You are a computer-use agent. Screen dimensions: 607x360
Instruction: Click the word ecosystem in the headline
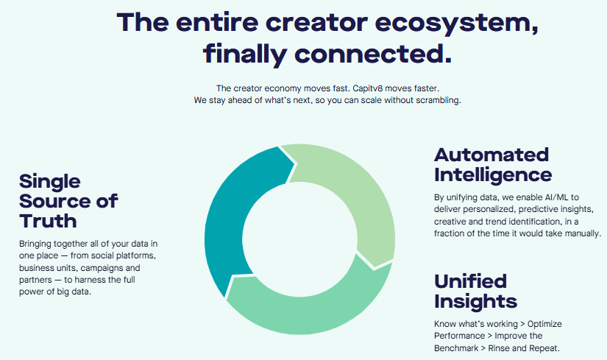pos(456,23)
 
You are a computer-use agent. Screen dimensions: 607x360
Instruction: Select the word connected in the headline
pos(373,54)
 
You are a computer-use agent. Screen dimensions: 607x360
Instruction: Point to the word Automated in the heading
pos(491,155)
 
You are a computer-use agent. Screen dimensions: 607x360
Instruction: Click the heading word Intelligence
pos(493,174)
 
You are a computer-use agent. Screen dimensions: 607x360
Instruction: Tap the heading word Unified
pos(470,281)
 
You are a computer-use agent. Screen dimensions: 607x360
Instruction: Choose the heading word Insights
pos(475,302)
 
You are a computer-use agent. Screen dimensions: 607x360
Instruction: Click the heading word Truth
pos(48,222)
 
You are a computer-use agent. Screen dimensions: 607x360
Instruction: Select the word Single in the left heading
pos(50,182)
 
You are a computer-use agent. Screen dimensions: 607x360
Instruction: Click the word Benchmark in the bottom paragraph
pos(456,348)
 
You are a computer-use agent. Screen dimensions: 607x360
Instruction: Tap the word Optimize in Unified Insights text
pos(544,324)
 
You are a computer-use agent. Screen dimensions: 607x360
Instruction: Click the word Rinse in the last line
pos(499,348)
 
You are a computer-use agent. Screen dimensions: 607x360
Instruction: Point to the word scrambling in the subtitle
pos(439,100)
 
